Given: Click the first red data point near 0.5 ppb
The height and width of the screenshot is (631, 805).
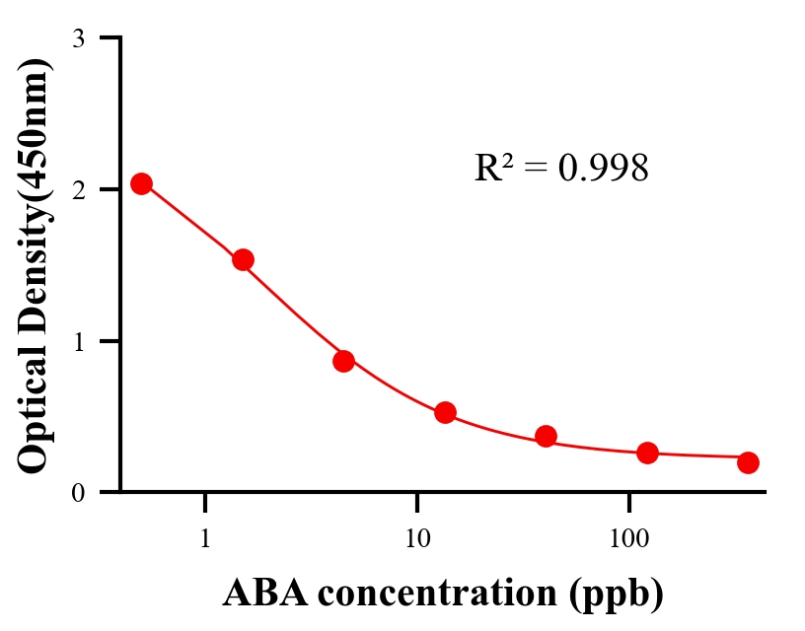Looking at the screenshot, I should coord(141,183).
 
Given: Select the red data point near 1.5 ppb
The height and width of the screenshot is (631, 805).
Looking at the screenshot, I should coord(243,259).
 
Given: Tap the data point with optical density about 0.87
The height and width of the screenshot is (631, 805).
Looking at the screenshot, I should coord(343,361).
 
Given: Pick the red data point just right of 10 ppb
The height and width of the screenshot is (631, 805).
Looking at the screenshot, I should coord(445,412).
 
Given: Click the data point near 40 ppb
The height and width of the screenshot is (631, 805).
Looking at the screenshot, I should coord(546,436).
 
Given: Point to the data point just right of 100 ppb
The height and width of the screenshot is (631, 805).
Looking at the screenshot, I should coord(647,453).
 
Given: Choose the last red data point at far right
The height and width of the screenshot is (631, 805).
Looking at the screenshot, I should coord(748,462).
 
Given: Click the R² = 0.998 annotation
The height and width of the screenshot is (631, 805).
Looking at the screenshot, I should coord(560,169).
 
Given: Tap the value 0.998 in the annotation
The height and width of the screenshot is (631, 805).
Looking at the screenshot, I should coord(603,169).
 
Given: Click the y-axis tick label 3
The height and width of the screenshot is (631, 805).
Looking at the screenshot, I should coord(78,38).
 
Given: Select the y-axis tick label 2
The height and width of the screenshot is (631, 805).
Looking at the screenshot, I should coord(78,189).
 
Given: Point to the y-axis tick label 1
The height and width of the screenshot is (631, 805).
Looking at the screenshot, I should coord(78,341).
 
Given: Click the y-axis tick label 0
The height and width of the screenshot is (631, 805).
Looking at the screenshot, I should coord(78,492).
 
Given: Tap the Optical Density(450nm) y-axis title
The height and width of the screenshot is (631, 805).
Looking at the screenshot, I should coord(35,264).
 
